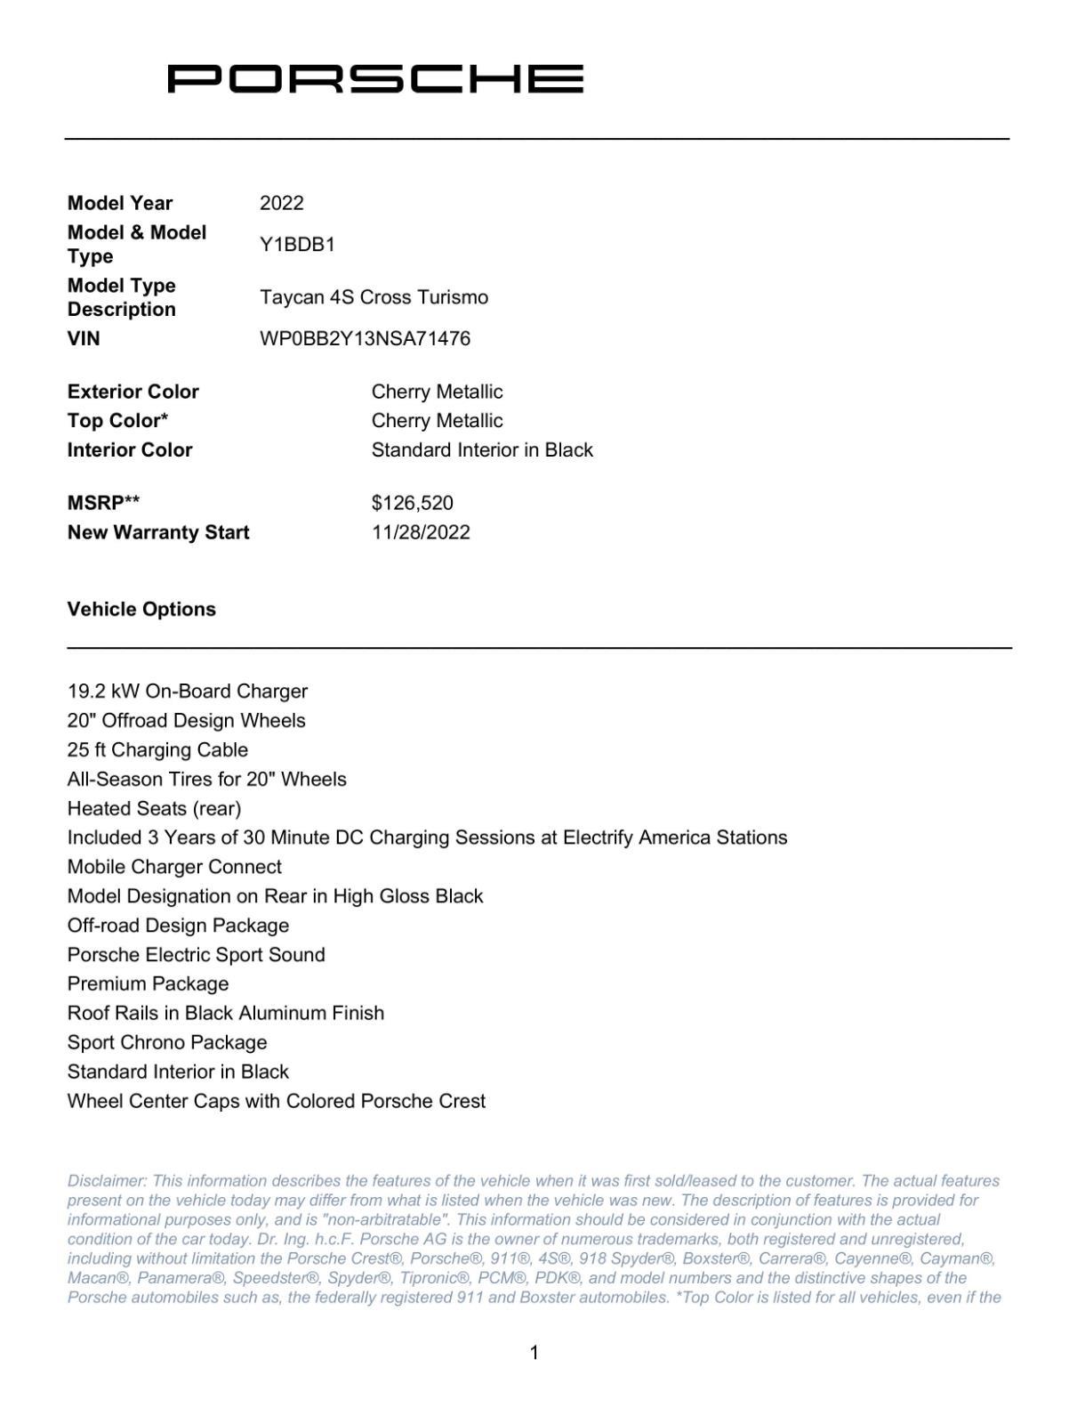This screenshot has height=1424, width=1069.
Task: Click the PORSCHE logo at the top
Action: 375,79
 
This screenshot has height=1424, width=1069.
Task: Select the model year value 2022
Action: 281,203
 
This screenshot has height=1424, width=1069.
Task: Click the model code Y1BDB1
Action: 297,245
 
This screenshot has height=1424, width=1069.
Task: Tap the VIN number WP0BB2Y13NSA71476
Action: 365,339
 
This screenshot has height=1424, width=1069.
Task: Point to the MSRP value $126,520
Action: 412,503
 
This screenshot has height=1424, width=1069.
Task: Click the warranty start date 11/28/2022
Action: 421,532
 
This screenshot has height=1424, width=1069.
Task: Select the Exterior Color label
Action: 133,392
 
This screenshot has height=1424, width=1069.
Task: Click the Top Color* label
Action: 117,421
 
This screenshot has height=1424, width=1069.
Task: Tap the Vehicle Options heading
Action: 141,610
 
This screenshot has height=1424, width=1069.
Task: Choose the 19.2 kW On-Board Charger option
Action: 188,692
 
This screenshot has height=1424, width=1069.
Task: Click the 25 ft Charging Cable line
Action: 157,750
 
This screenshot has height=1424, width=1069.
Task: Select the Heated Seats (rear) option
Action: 154,809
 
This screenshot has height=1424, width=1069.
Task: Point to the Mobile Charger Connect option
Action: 174,867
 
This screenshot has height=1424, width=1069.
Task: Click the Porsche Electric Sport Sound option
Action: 196,955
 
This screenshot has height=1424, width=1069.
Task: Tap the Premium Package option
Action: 148,984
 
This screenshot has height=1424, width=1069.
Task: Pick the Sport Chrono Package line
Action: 167,1043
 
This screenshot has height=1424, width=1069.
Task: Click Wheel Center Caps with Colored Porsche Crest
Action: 277,1102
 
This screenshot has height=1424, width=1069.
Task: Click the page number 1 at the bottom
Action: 534,1353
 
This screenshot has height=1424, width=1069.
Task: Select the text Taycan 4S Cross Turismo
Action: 374,297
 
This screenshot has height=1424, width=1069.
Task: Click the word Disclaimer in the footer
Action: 106,1181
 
